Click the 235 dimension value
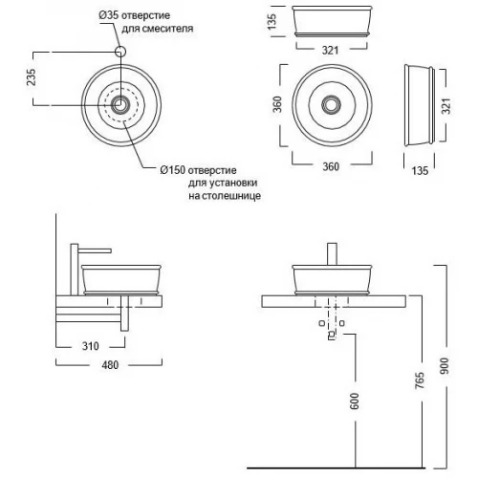pyautogui.click(x=32, y=76)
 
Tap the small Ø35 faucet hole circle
pyautogui.click(x=120, y=52)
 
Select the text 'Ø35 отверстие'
pyautogui.click(x=134, y=15)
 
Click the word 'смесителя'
pyautogui.click(x=167, y=29)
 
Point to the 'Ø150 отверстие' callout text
pyautogui.click(x=198, y=170)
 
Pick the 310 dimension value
pyautogui.click(x=91, y=346)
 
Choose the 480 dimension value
pyautogui.click(x=110, y=365)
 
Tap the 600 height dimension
pyautogui.click(x=355, y=401)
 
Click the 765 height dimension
pyautogui.click(x=420, y=380)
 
